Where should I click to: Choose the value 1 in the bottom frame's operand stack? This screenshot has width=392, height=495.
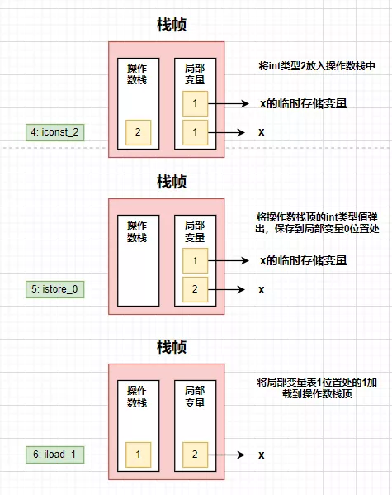click(x=138, y=455)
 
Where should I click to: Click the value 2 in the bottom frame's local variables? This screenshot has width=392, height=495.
click(x=196, y=455)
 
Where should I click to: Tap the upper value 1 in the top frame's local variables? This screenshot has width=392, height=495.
click(x=196, y=103)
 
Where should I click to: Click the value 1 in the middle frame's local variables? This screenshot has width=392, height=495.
click(x=196, y=261)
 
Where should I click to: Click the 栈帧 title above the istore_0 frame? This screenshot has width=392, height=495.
click(x=172, y=180)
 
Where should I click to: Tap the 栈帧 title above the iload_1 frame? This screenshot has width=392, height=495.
click(x=172, y=345)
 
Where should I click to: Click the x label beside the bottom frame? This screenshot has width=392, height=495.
click(x=262, y=455)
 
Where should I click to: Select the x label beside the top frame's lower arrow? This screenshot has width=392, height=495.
click(x=262, y=132)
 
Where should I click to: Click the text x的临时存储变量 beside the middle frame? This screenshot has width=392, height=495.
click(x=303, y=261)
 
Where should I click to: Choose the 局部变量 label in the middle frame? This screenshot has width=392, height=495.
click(x=196, y=230)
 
